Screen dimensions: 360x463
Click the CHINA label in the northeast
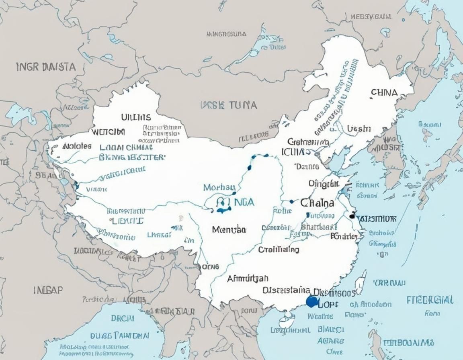pos(384,92)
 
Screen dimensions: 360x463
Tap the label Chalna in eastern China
pos(317,203)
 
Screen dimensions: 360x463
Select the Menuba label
pos(229,229)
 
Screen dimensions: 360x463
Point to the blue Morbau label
pos(219,187)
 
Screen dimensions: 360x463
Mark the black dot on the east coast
pos(352,216)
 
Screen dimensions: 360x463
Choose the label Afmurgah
pos(248,278)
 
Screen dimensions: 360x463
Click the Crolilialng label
pos(279,250)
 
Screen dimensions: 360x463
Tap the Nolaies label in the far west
pos(77,146)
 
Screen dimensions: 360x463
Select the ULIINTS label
pos(136,117)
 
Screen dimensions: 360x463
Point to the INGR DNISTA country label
pos(46,67)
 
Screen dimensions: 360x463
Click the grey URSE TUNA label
pos(228,106)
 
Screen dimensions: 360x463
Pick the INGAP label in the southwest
pos(48,290)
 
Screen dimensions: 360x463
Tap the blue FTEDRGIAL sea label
pos(430,300)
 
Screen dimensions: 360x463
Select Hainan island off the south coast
pos(287,320)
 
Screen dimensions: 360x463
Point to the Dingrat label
pos(324,184)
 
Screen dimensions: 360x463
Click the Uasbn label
pos(359,129)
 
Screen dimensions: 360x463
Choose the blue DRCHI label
pos(122,319)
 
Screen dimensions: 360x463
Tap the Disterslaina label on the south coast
pos(286,290)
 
